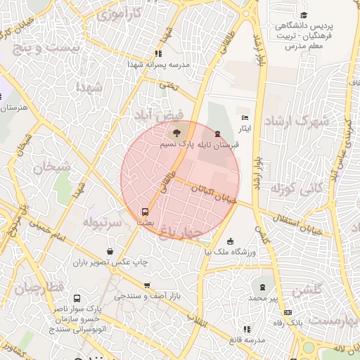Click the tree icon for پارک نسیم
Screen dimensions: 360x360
tap(176, 131)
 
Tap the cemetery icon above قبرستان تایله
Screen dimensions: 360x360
tap(217, 133)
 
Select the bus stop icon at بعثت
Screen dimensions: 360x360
tap(146, 211)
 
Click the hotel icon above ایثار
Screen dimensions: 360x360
tap(245, 117)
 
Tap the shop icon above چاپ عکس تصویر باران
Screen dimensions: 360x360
tap(110, 251)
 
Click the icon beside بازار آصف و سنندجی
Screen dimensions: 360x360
tap(146, 285)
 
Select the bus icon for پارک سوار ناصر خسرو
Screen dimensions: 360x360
tap(77, 297)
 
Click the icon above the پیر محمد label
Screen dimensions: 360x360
tap(262, 287)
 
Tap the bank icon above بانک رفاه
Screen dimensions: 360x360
tap(287, 311)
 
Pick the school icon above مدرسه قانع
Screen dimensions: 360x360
tap(245, 328)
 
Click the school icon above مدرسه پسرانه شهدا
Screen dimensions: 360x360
tap(159, 53)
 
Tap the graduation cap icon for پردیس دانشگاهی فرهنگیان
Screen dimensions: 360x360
tap(304, 15)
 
